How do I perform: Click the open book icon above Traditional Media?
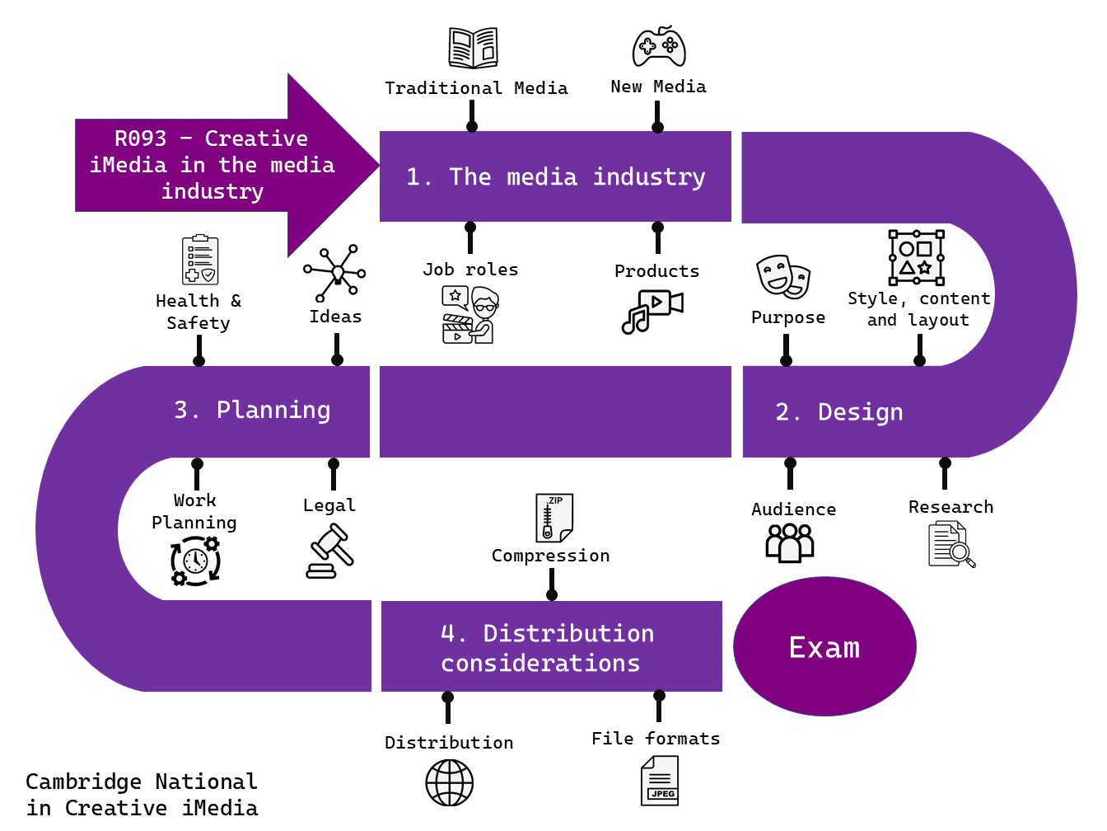tap(474, 47)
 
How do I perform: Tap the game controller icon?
tap(659, 47)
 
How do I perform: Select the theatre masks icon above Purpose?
tap(783, 276)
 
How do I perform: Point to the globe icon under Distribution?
tap(450, 782)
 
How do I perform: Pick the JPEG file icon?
tap(660, 781)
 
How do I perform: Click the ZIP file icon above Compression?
tap(553, 518)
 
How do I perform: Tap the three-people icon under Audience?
tap(790, 542)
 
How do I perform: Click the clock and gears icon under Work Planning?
tap(195, 561)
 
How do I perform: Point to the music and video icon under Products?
tap(652, 312)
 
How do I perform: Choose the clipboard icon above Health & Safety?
tap(200, 260)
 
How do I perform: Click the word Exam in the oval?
tap(824, 648)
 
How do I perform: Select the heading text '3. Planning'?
tap(252, 410)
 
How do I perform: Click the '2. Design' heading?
tap(839, 412)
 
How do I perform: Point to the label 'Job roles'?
tap(470, 270)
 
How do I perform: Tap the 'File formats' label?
tap(656, 739)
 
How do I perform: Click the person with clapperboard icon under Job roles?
tap(470, 314)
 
